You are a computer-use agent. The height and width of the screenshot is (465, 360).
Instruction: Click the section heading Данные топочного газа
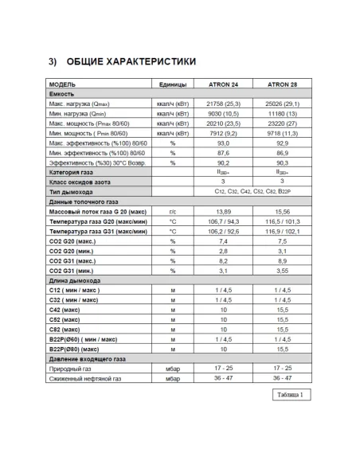(88, 201)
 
